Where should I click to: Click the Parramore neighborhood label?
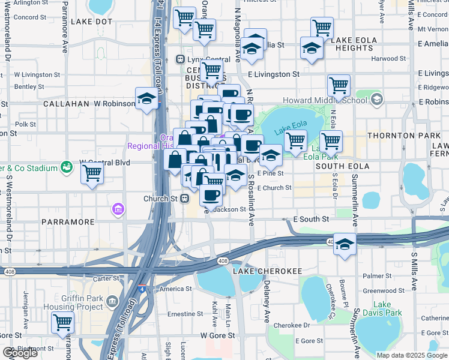[x=68, y=222]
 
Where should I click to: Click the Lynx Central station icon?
[x=179, y=59]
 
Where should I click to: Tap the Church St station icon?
[x=185, y=198]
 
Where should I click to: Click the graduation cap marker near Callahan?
[x=146, y=98]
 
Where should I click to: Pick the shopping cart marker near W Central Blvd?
[x=92, y=173]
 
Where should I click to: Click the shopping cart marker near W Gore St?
[x=62, y=323]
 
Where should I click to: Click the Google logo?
[x=19, y=353]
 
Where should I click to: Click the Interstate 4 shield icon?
[x=141, y=289]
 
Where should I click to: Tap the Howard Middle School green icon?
[x=376, y=98]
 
